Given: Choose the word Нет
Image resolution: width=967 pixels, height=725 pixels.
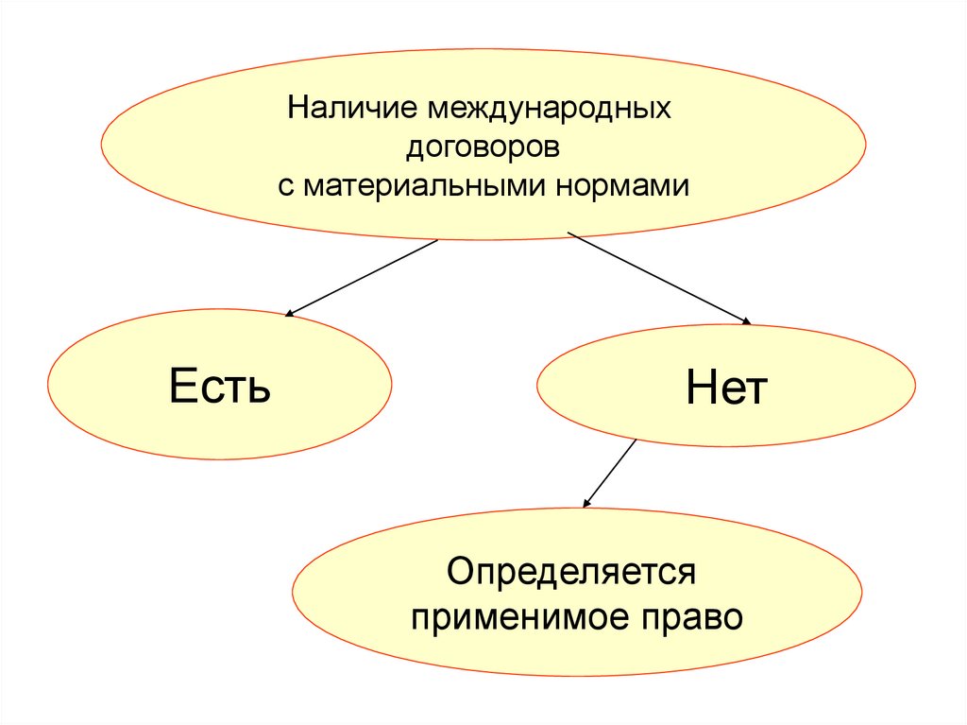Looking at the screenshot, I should [727, 388].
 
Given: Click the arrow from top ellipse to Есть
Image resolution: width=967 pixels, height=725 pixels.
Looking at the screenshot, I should [362, 277].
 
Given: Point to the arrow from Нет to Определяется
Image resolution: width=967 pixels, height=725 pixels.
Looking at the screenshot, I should [610, 473].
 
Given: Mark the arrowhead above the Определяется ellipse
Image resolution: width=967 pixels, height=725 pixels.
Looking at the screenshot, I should [586, 503].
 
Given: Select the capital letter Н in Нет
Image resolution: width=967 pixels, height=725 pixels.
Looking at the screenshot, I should [700, 388].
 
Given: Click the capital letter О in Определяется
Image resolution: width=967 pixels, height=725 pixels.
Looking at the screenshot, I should [461, 572].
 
